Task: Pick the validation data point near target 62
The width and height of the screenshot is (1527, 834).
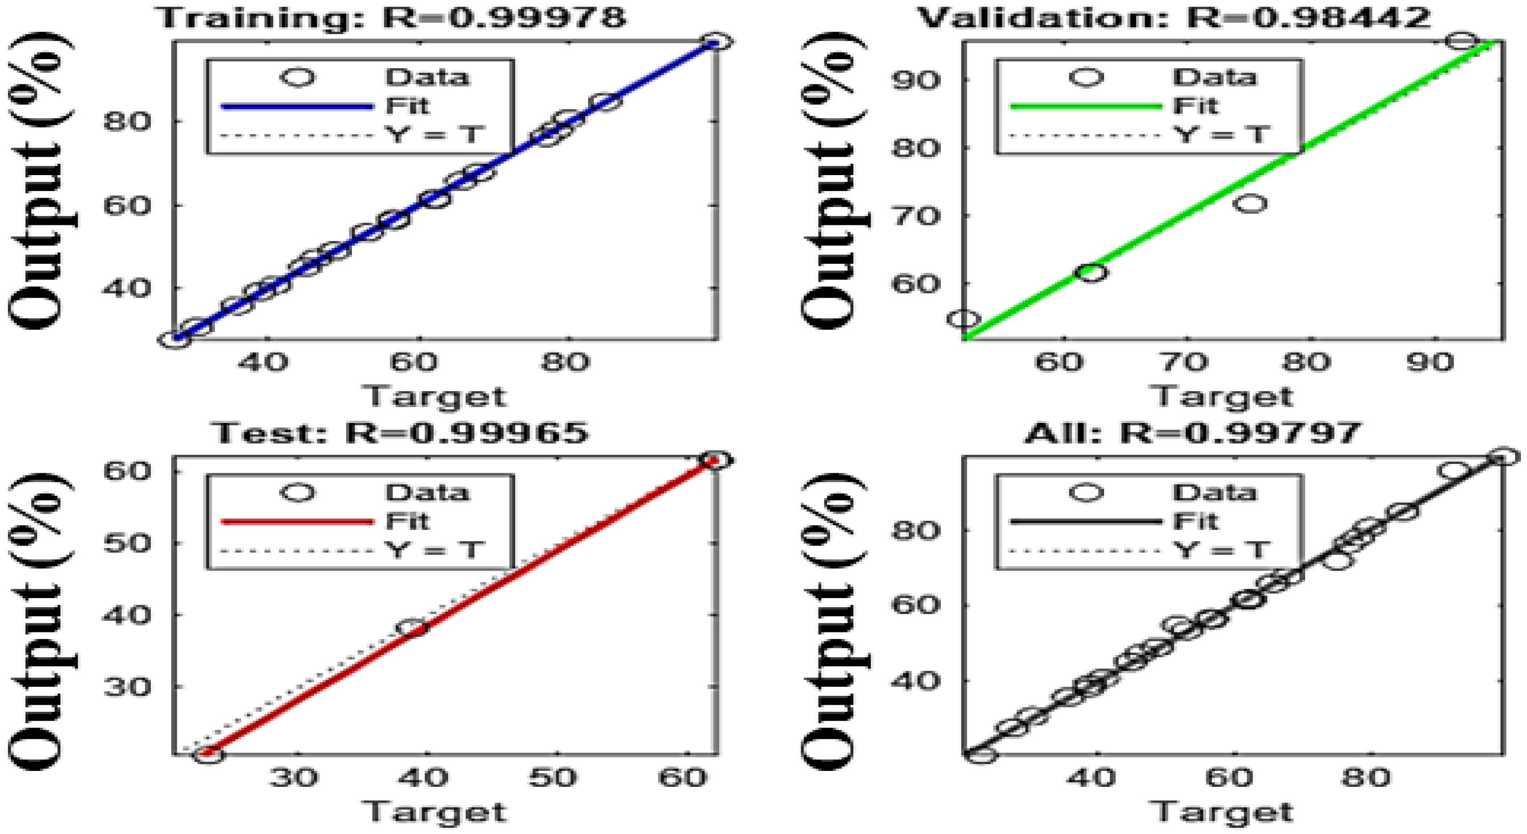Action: click(x=1091, y=272)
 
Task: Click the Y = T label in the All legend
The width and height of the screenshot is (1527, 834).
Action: click(x=1221, y=550)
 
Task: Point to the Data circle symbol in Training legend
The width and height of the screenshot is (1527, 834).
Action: click(x=298, y=78)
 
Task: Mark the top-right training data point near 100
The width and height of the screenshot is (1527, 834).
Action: click(x=715, y=42)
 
